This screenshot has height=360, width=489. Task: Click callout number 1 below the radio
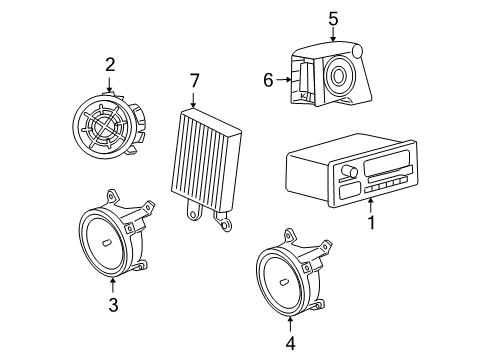(372, 223)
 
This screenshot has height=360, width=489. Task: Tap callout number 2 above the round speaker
(110, 65)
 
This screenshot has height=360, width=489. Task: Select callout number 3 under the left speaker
(113, 305)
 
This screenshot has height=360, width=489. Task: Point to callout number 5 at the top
(333, 17)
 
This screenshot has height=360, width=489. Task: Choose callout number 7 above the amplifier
(194, 79)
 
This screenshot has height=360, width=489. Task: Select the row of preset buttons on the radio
(385, 186)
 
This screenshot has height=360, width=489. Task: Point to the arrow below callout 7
(194, 98)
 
